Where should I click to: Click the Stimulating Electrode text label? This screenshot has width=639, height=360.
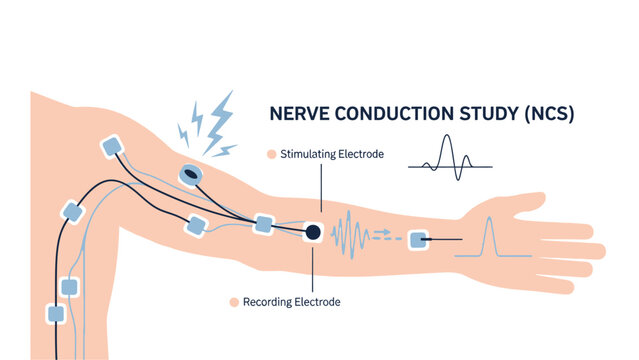(x=331, y=154)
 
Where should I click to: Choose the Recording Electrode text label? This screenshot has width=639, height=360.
(x=292, y=301)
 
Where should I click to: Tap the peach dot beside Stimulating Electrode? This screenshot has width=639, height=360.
(x=270, y=154)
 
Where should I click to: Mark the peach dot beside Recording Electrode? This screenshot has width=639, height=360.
(x=232, y=301)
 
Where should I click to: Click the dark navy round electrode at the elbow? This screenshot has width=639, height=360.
(x=312, y=232)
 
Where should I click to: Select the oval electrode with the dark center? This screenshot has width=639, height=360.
(x=190, y=176)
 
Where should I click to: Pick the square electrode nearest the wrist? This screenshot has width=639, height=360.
(x=418, y=239)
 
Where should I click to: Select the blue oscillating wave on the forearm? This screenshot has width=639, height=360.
(x=351, y=236)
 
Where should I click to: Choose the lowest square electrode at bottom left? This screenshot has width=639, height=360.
(x=56, y=314)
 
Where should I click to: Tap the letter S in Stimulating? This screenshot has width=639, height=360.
(x=285, y=154)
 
